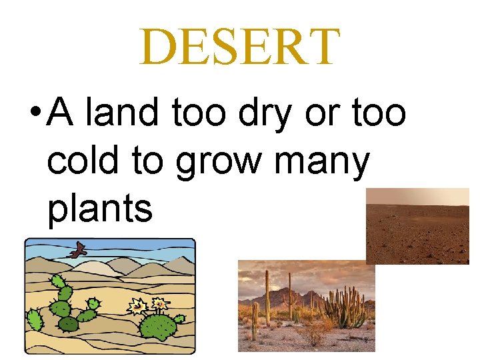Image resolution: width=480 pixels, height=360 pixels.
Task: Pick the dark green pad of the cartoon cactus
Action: [x=68, y=324]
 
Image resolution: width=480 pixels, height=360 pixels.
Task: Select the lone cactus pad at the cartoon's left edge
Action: [x=33, y=321]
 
